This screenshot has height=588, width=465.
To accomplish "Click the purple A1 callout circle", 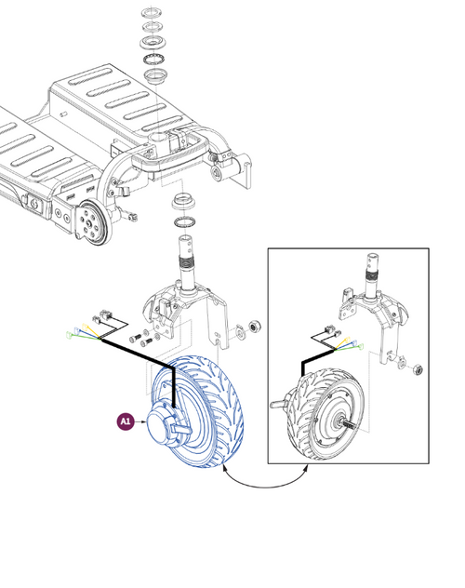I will pos(125,421).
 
